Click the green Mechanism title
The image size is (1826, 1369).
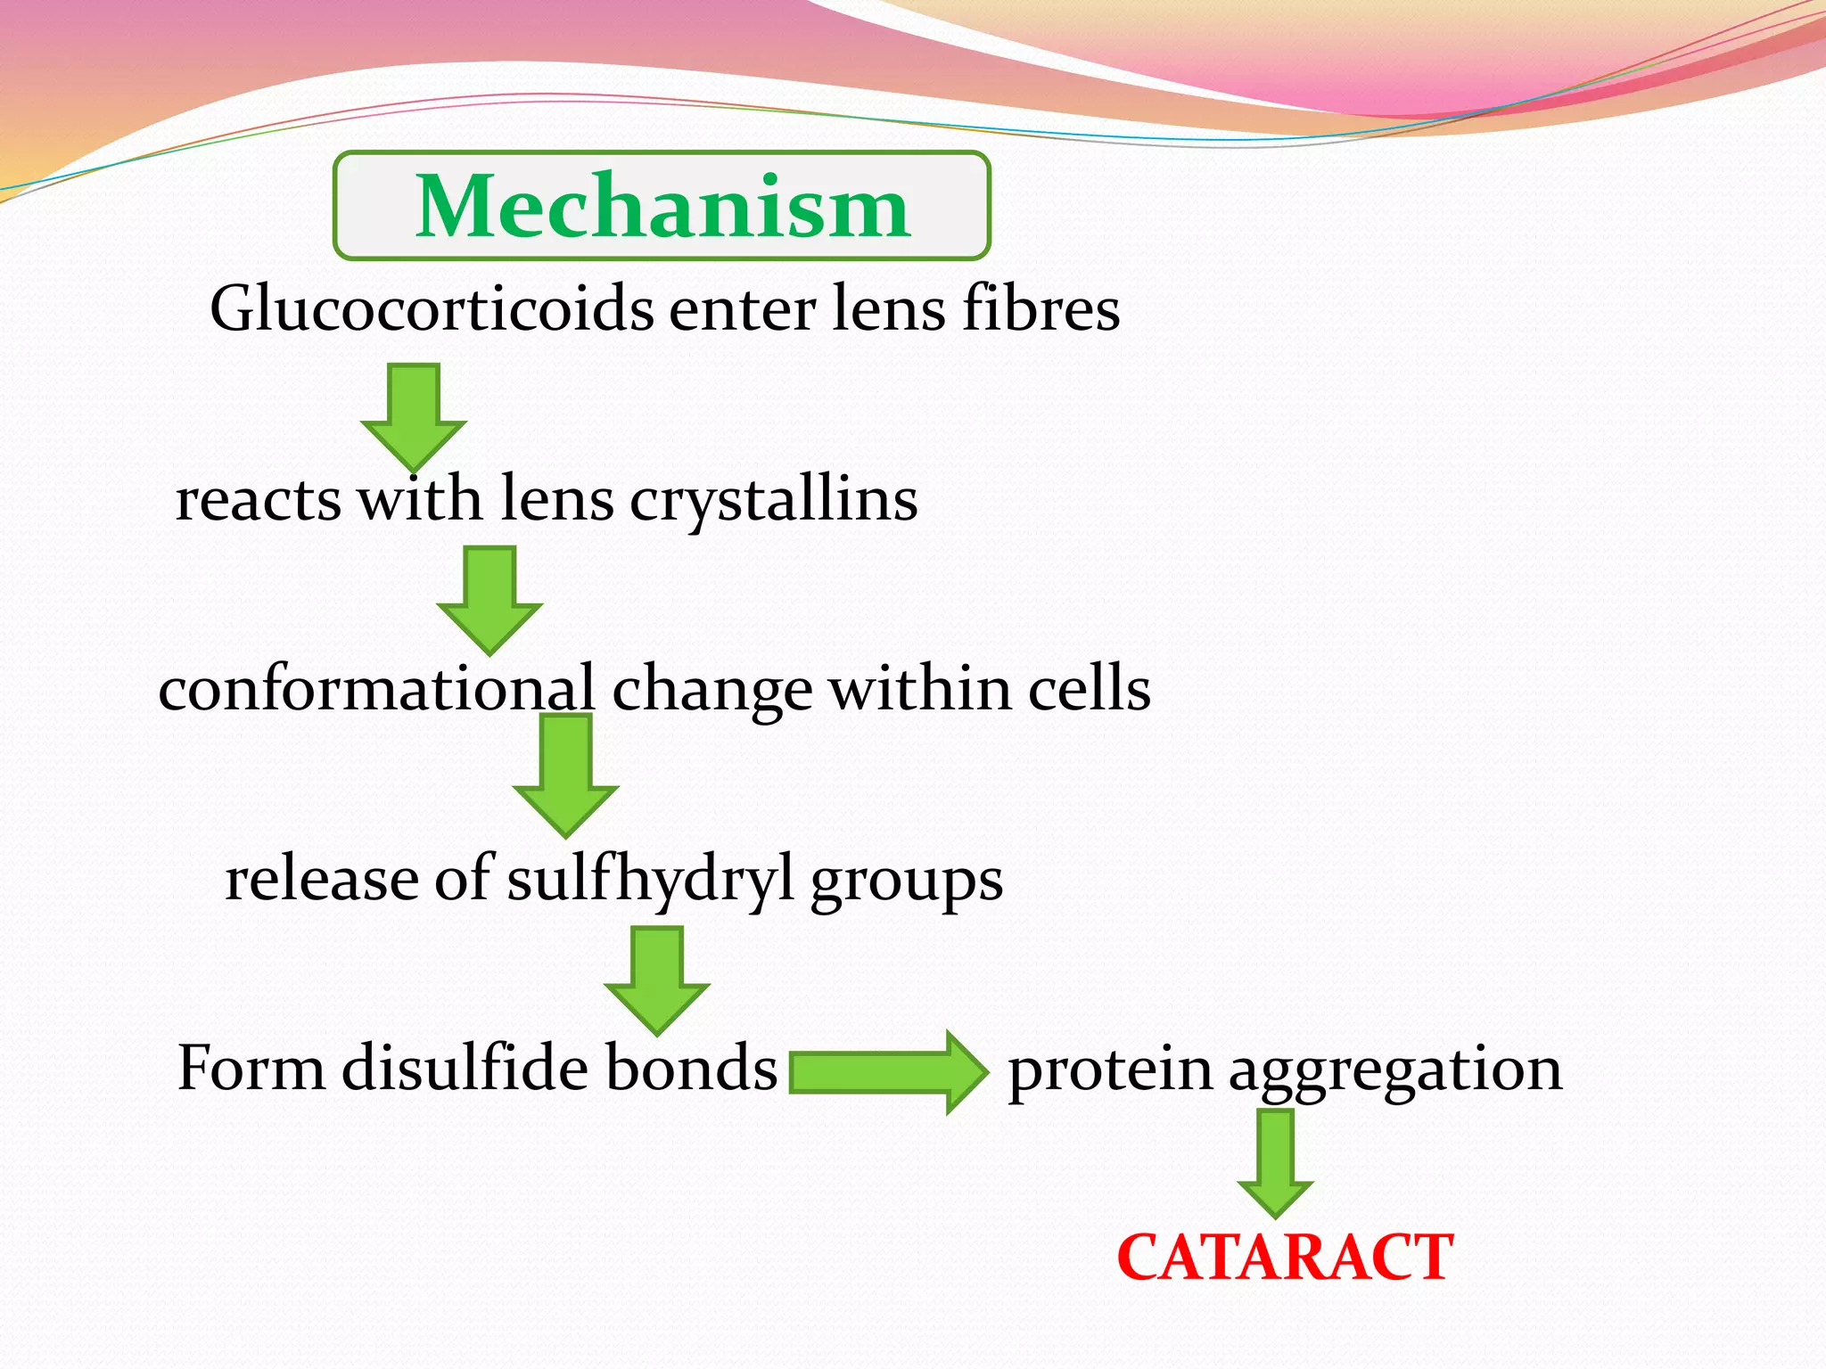(662, 207)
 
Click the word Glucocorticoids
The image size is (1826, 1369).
(431, 309)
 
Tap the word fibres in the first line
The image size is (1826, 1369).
(1040, 307)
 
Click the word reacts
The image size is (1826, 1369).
(258, 500)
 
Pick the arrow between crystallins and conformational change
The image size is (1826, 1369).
(489, 600)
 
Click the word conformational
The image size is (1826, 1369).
(376, 689)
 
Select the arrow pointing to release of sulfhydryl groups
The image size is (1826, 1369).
(566, 775)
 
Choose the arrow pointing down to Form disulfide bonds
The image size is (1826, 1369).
(657, 979)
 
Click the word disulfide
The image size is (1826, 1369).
(465, 1068)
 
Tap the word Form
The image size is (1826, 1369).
(251, 1069)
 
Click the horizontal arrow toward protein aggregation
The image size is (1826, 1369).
(888, 1071)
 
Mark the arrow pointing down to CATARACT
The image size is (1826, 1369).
(1276, 1162)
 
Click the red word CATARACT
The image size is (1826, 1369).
(1285, 1258)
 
